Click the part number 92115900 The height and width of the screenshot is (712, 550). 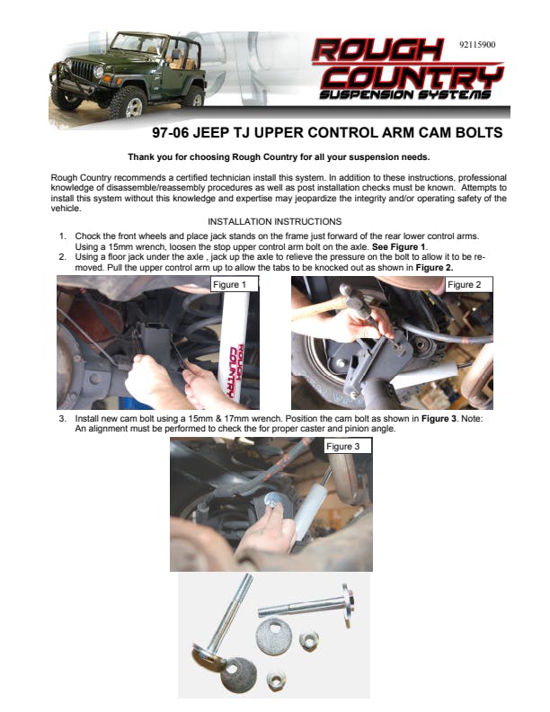point(477,45)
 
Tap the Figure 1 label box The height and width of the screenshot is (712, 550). point(235,284)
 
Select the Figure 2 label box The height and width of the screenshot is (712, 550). point(469,284)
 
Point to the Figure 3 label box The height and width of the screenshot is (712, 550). point(348,446)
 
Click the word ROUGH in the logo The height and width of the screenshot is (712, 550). point(377,50)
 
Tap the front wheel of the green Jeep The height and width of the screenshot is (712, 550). point(128,102)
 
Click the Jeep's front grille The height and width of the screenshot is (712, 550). point(83,71)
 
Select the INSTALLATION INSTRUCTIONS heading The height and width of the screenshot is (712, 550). point(274,221)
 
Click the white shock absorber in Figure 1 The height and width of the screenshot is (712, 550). point(234,346)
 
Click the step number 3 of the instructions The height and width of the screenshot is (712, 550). point(63,418)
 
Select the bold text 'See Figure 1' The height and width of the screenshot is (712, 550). point(399,246)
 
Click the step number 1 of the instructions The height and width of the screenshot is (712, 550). point(63,236)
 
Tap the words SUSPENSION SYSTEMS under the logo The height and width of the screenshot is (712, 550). point(405,94)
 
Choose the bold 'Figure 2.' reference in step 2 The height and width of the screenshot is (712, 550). point(434,268)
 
